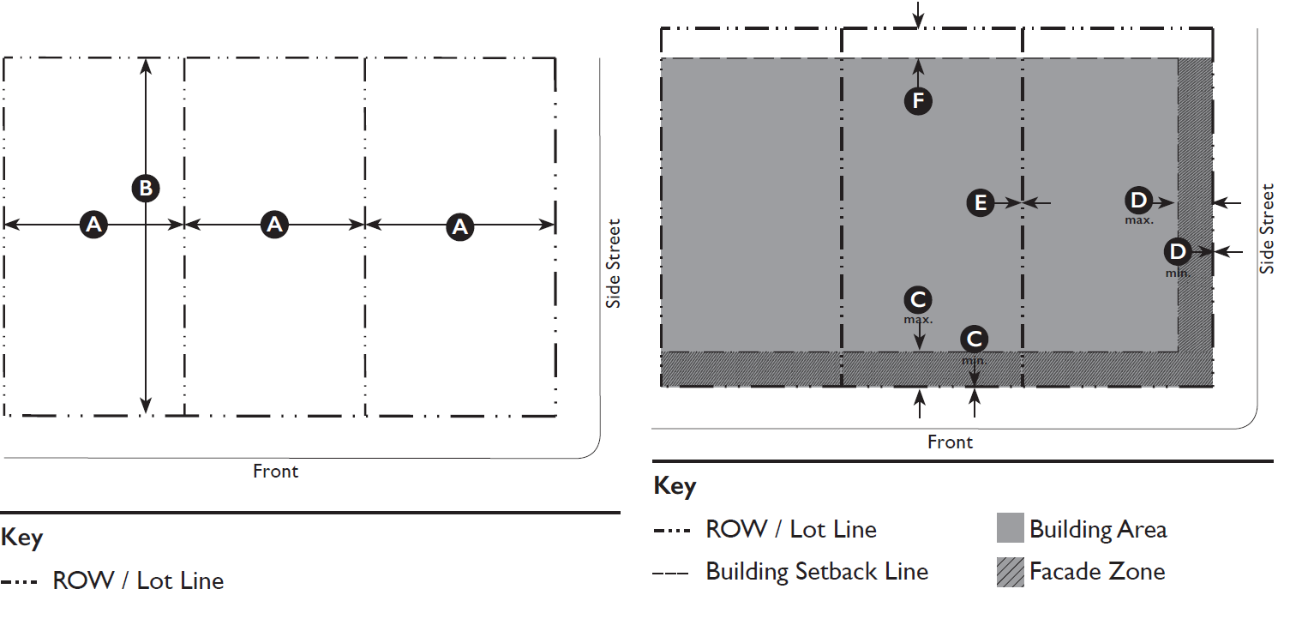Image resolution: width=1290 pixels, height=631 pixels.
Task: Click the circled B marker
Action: point(146,188)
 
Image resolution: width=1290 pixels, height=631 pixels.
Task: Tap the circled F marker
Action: point(918,102)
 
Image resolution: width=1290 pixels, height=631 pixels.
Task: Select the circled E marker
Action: point(981,203)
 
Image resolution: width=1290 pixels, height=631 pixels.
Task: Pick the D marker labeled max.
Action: point(1138,201)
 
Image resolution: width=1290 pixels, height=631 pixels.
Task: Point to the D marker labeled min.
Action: point(1178,251)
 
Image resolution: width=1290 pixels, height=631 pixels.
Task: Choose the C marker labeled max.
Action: point(918,300)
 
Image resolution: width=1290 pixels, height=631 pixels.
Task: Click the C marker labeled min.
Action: point(974,340)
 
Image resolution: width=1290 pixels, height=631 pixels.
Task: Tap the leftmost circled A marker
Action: point(93,225)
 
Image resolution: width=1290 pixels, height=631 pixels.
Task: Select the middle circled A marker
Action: point(274,225)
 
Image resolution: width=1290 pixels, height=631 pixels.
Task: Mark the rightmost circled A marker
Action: point(461,226)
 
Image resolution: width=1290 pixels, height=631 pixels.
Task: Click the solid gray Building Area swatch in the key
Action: point(1011,528)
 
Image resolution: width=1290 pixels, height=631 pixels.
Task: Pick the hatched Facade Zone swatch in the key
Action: point(1011,572)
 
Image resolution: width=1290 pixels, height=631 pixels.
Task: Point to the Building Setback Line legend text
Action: point(817,572)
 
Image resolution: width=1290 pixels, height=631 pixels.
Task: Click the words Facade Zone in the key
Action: point(1097,572)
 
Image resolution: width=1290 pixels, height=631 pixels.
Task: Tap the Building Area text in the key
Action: point(1098,529)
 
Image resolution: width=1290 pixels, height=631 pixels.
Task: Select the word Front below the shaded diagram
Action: point(950,442)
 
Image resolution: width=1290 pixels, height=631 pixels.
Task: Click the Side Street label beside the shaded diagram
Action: point(1268,229)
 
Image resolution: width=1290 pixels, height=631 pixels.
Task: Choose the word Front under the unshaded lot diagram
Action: point(275,472)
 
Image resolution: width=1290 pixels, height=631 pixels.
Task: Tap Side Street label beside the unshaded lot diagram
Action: point(613,264)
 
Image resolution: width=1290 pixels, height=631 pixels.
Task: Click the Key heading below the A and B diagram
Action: point(22,538)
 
